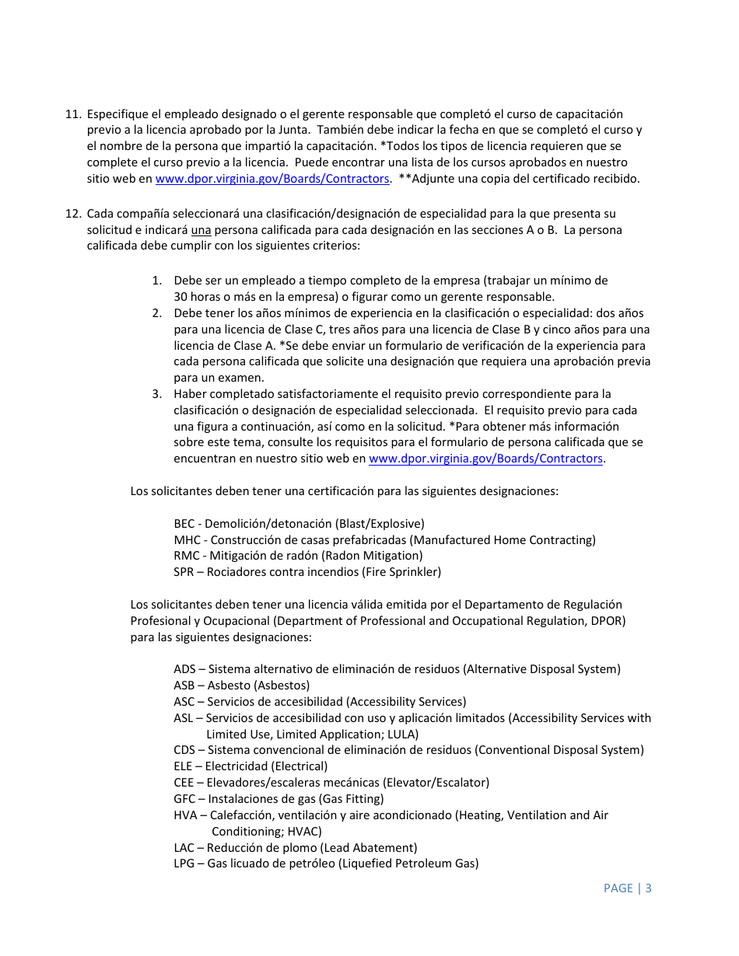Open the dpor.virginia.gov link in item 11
point(271,179)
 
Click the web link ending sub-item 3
point(485,459)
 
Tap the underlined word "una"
point(201,230)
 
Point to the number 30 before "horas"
point(180,297)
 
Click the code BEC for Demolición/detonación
point(184,524)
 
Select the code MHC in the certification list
point(186,540)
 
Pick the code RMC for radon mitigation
point(186,556)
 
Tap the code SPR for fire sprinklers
point(184,572)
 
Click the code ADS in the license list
point(184,669)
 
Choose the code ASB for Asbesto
point(184,686)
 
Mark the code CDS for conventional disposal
point(184,750)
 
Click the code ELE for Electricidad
point(183,766)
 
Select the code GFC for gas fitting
point(184,799)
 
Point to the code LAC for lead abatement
point(184,848)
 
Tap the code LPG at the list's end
point(184,864)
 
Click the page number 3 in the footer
point(648,888)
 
